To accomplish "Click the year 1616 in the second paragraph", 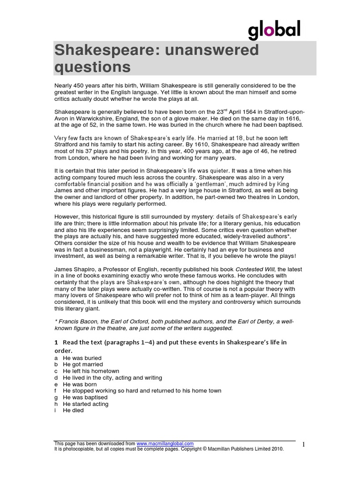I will (x=286, y=119).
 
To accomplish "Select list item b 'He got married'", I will (x=82, y=364).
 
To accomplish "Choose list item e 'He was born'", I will (x=80, y=384).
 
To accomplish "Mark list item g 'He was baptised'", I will (x=85, y=397).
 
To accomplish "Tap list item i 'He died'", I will (x=73, y=410).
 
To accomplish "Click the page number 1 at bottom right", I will (x=303, y=444).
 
